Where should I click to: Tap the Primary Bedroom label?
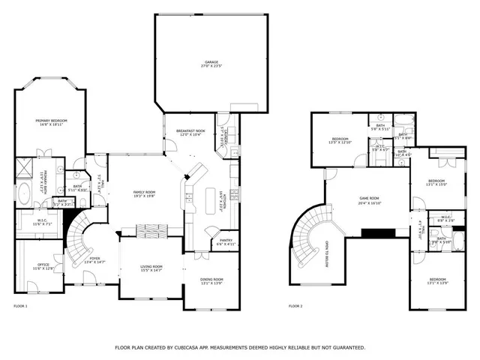click(x=53, y=121)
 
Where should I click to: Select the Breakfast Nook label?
click(x=190, y=131)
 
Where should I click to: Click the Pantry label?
click(x=226, y=241)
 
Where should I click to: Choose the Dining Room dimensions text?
click(x=211, y=283)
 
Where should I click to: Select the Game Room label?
click(x=369, y=198)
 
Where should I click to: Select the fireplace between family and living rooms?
click(x=154, y=229)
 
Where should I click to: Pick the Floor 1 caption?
click(x=20, y=307)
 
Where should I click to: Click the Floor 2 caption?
click(x=296, y=307)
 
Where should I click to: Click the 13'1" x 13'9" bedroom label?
click(x=437, y=282)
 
